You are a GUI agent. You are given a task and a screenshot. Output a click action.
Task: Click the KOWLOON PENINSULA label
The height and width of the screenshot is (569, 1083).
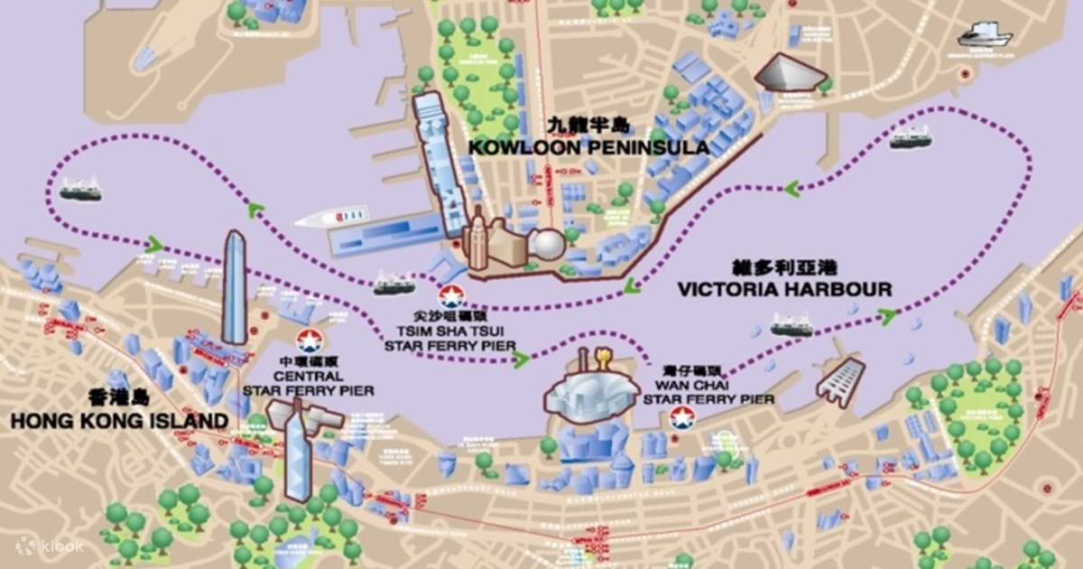[x=588, y=146]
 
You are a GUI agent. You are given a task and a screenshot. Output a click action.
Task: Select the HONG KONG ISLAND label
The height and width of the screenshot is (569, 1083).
[x=119, y=420]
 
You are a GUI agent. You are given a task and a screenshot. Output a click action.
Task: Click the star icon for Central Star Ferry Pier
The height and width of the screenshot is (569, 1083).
[x=309, y=341]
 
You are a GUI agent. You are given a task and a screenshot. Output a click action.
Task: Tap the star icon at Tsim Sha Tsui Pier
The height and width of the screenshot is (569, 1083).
[x=449, y=295]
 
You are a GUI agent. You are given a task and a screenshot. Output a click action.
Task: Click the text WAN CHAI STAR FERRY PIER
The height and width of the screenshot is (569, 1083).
[x=712, y=391]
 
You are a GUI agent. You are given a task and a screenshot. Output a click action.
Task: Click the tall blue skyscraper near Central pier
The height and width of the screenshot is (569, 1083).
[x=235, y=287]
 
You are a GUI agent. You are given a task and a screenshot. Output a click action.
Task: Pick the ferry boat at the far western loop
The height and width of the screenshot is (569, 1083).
[x=80, y=190]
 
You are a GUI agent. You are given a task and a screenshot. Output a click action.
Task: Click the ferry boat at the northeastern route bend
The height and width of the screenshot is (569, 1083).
[x=911, y=138]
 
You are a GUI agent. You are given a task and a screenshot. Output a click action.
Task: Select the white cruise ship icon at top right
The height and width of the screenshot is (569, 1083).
[x=985, y=35]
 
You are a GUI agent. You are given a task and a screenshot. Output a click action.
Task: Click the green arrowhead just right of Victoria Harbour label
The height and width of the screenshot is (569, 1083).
[x=888, y=315]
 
